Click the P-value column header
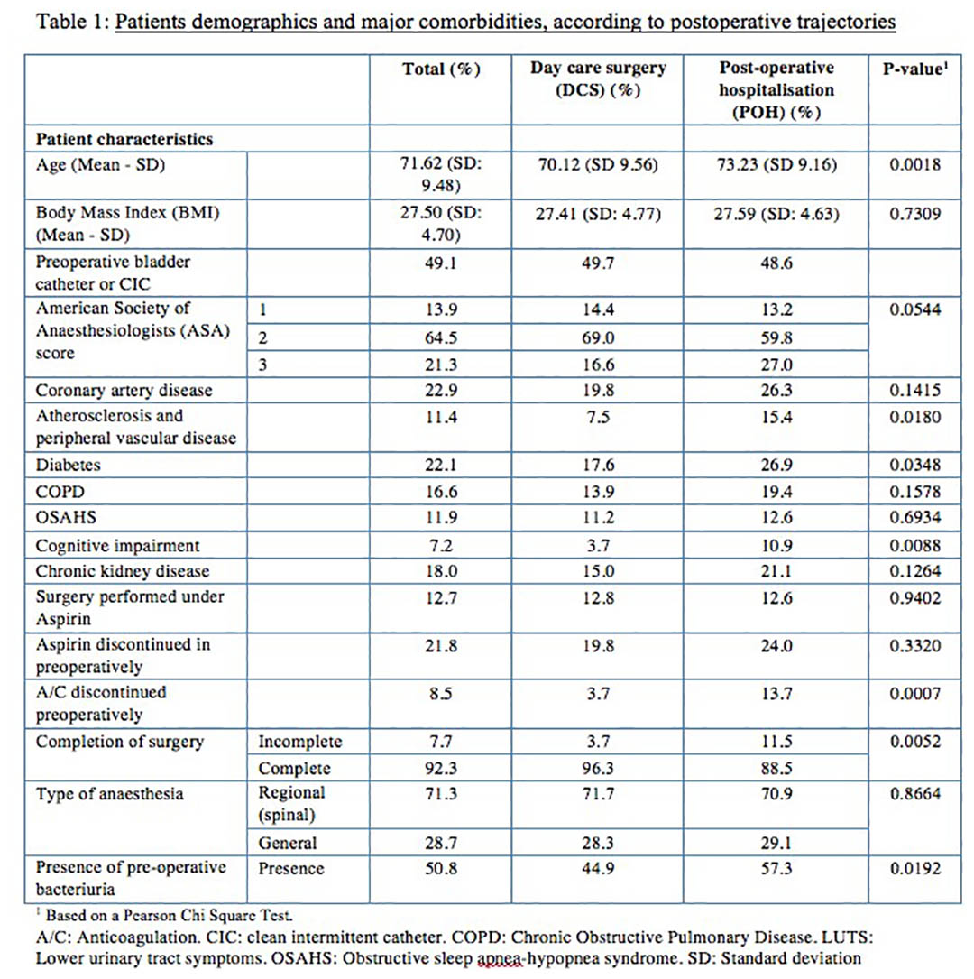[914, 69]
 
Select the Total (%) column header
[441, 69]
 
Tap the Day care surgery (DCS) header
[598, 79]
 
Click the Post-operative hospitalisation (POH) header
[776, 90]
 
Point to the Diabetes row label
[68, 466]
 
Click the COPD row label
[60, 492]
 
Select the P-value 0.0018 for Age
[914, 165]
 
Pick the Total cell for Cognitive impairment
[441, 546]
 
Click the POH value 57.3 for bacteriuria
[776, 869]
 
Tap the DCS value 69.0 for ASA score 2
[598, 337]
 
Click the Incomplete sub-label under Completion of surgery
[300, 742]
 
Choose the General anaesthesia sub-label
[288, 843]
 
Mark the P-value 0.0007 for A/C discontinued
[914, 694]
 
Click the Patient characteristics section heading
[124, 139]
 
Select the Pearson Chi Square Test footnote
[169, 915]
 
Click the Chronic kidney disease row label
[123, 571]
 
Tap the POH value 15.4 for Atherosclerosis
[776, 417]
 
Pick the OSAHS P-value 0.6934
[914, 518]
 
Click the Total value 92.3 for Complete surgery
[441, 768]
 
